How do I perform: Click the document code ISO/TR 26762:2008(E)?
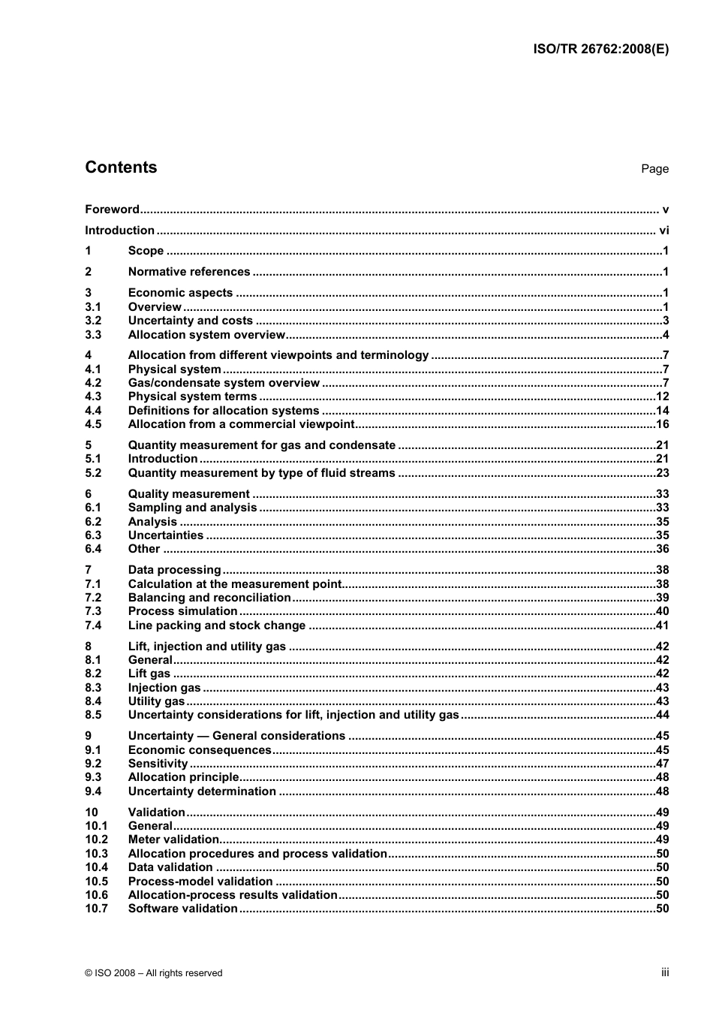tap(600, 50)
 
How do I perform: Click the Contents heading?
tap(121, 167)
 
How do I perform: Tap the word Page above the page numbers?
tap(654, 169)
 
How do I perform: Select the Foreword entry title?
tap(112, 210)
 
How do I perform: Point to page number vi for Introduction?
tap(663, 231)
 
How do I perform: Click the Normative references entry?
tap(189, 272)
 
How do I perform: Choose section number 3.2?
tap(93, 321)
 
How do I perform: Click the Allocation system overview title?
tap(206, 335)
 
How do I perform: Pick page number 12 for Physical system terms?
tap(662, 396)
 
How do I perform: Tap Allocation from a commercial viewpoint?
tap(241, 424)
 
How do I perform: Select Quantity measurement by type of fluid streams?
tap(261, 473)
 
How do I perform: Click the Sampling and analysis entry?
tap(192, 508)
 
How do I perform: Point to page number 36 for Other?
tap(662, 549)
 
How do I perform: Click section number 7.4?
tap(93, 626)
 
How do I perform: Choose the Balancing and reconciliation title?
tap(209, 598)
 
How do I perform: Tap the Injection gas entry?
tap(164, 688)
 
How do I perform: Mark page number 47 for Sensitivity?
tap(662, 764)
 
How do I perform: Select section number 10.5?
tap(96, 882)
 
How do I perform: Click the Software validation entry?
tap(182, 909)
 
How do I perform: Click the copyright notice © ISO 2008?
tap(154, 973)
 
